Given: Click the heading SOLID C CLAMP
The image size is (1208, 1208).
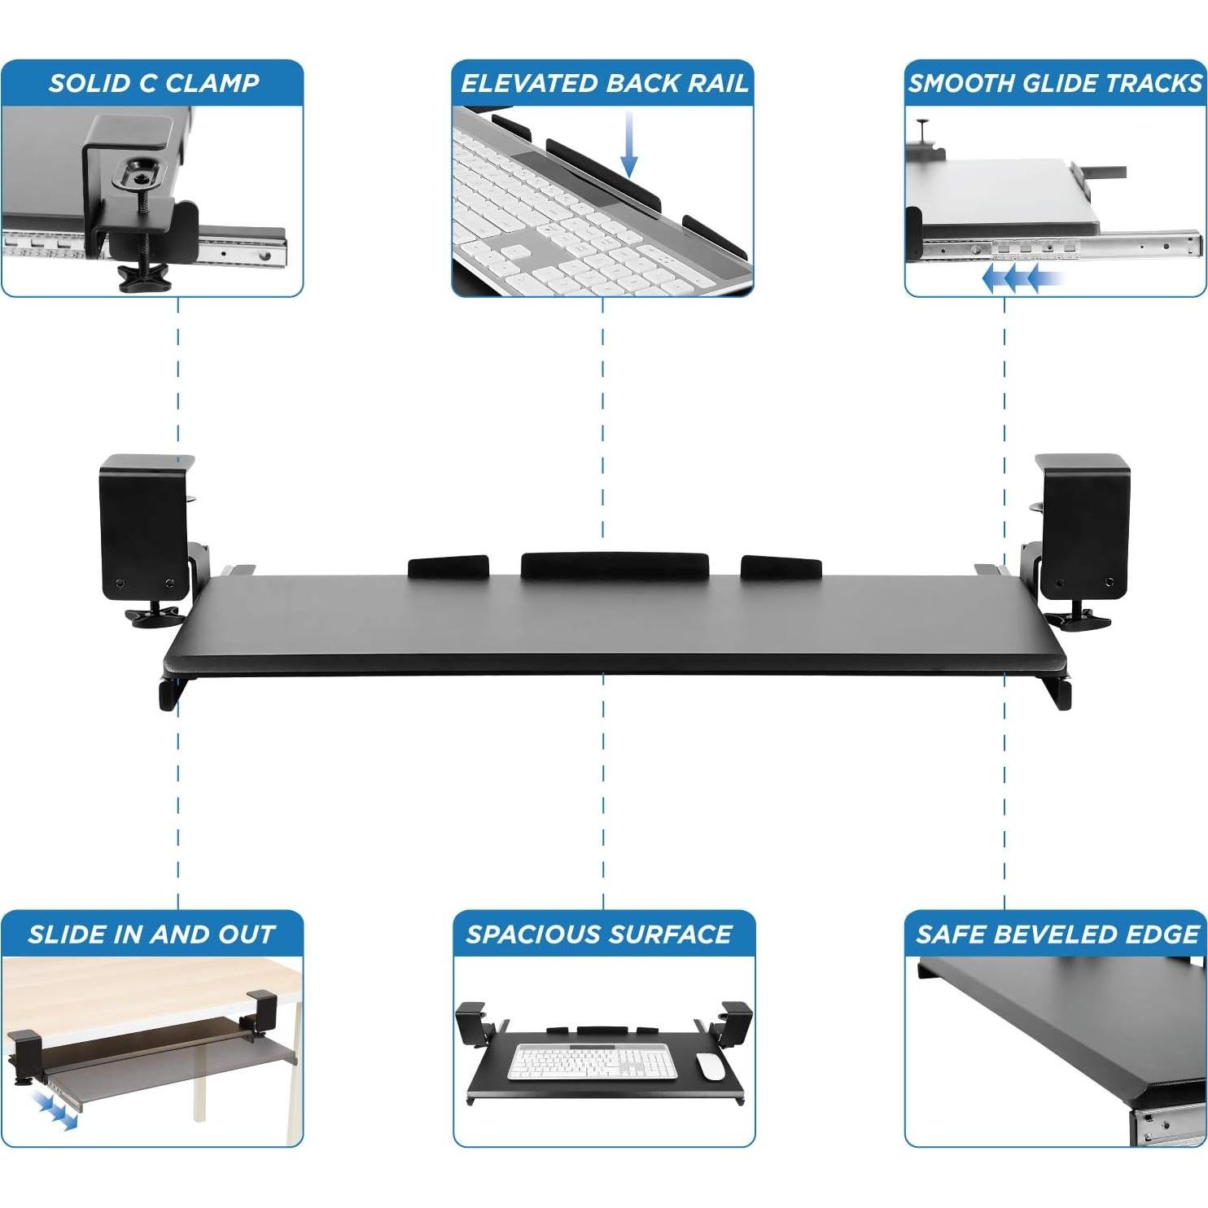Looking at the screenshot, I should point(153,83).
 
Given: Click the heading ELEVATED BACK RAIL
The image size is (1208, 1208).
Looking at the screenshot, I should point(603,83).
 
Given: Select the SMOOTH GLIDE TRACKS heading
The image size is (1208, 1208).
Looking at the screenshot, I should point(1055,83).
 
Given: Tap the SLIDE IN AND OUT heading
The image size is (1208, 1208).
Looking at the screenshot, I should point(151,934).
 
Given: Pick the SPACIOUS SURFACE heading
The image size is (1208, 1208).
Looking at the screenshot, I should point(599,934).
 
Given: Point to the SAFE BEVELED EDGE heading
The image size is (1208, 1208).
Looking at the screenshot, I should point(1057,934).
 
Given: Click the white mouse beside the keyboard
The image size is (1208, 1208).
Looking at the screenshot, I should point(710,1066).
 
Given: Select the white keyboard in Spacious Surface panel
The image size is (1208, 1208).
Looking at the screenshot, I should point(593,1062).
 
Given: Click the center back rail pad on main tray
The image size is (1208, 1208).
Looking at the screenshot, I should point(614,565).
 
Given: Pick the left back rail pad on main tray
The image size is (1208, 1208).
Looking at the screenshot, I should point(447,567).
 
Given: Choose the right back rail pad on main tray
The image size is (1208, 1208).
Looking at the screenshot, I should point(781,567).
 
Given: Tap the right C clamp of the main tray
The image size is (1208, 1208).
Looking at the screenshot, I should point(1083,526).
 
